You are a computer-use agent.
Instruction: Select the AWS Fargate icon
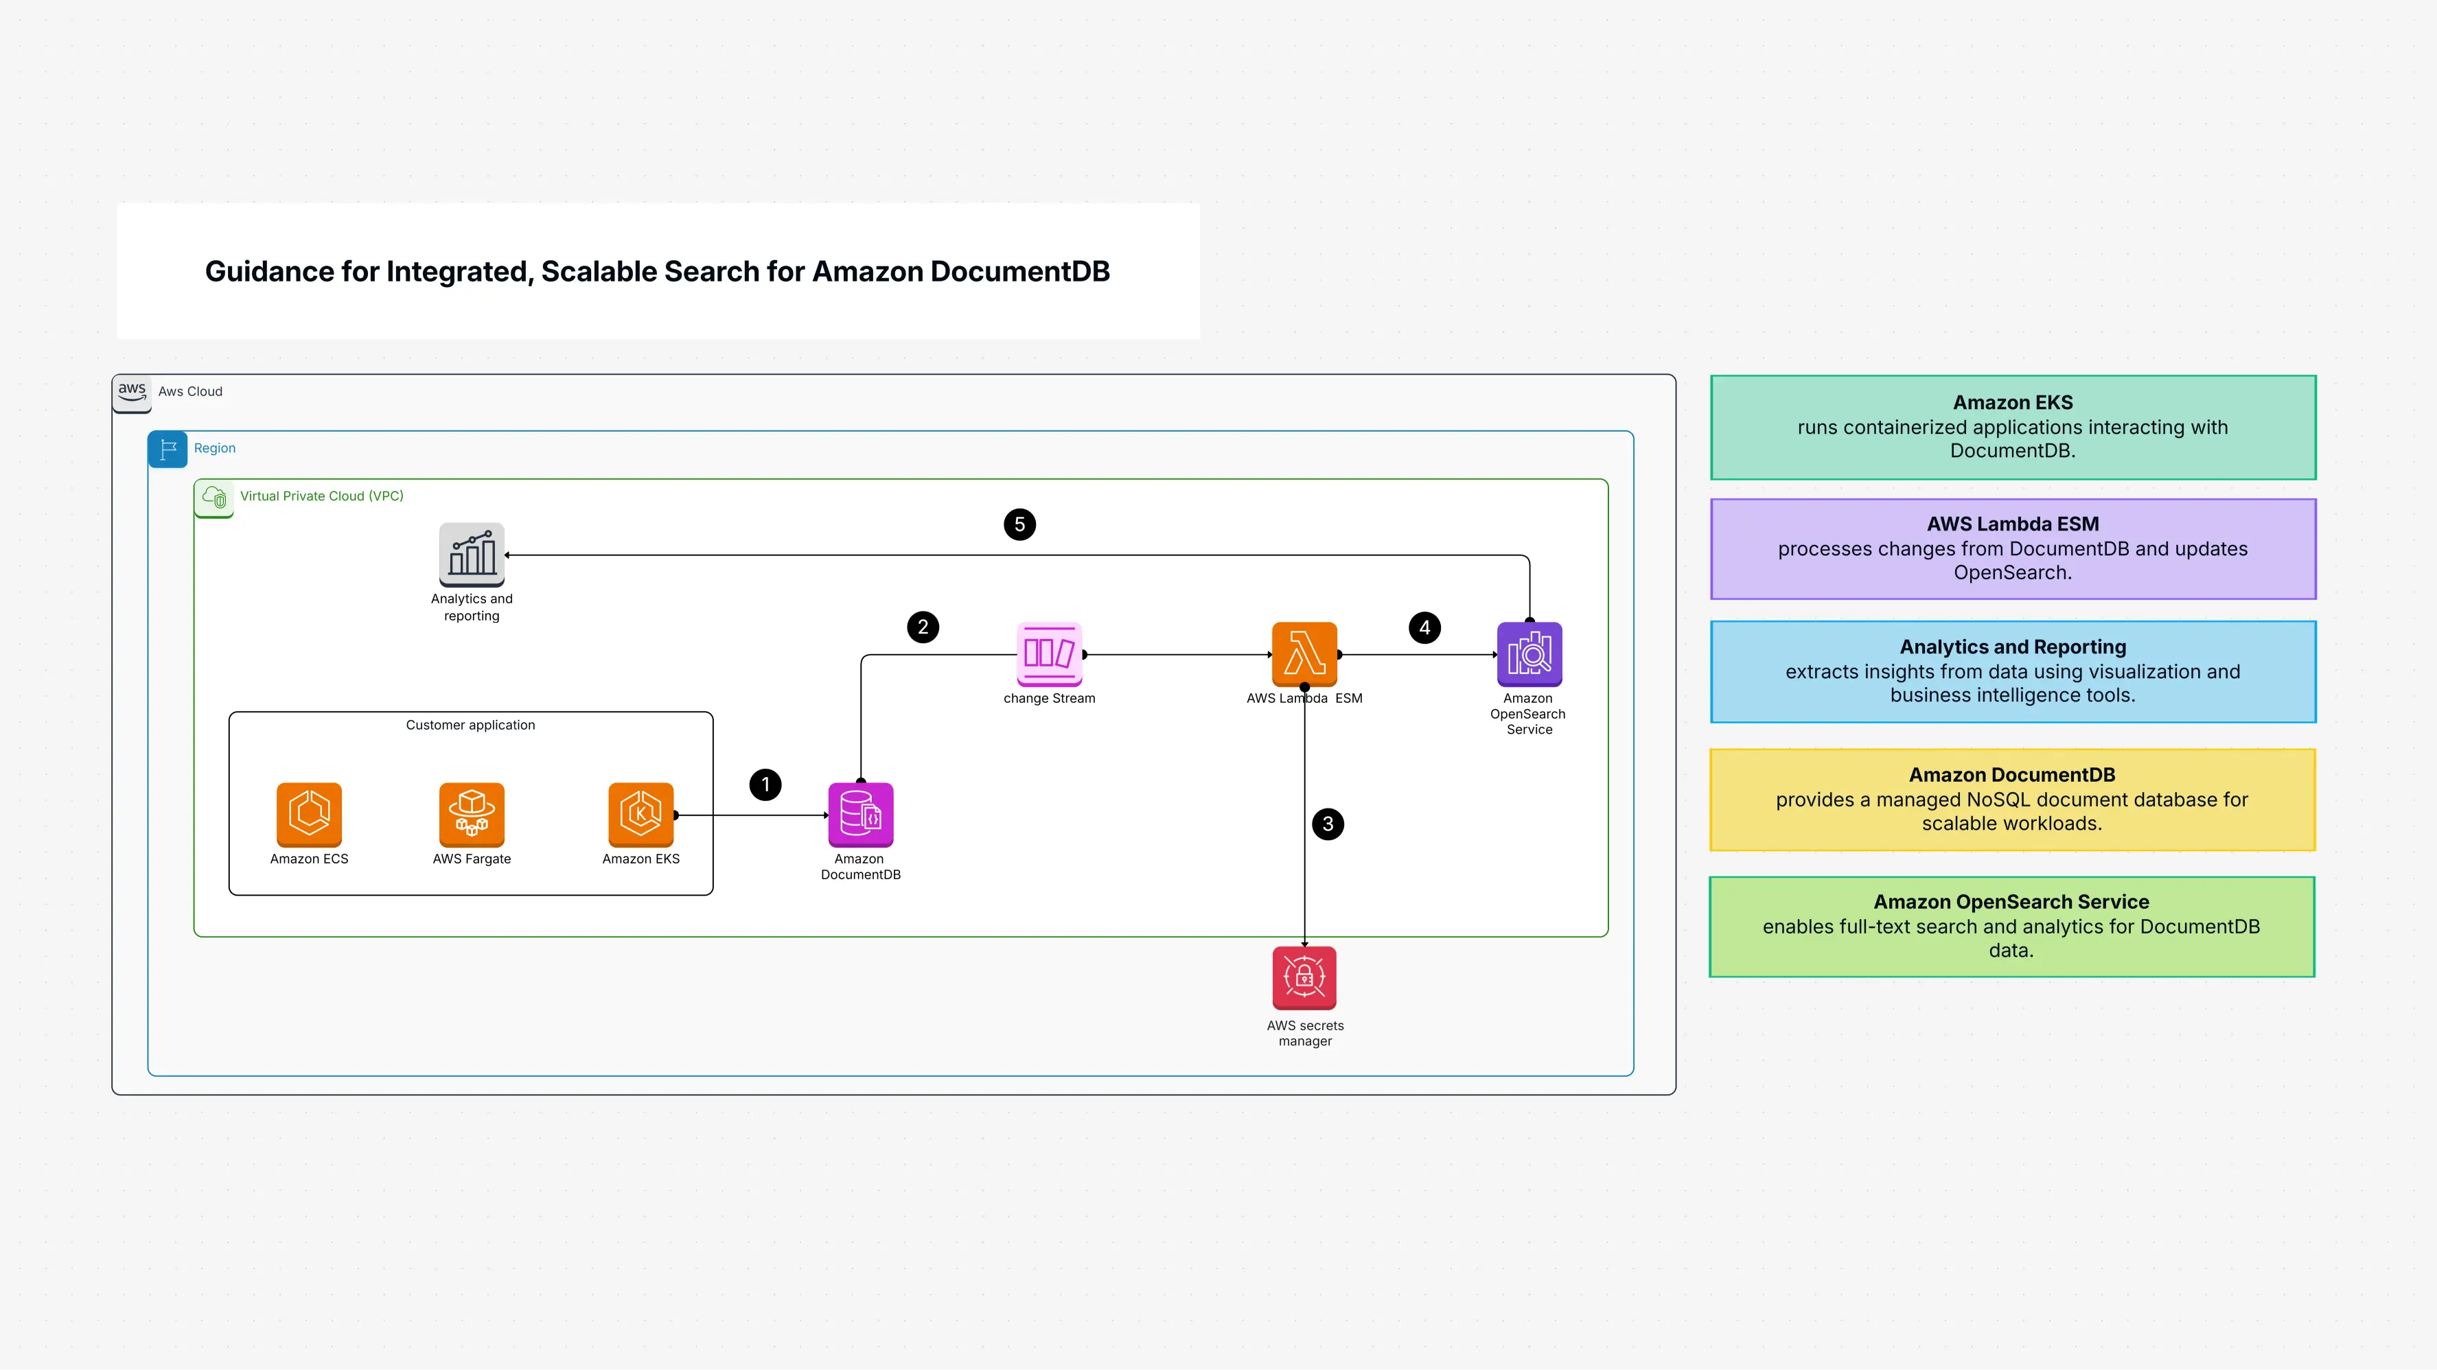coord(471,813)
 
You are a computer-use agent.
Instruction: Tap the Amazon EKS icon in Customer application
coord(640,813)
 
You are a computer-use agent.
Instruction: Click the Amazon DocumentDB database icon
coord(860,813)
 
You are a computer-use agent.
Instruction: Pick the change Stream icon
coord(1049,653)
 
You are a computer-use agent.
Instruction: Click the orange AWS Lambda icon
coord(1304,653)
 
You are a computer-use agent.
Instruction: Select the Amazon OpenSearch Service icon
coord(1529,653)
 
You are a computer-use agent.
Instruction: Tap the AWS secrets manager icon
coord(1304,977)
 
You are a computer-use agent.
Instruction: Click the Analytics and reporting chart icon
coord(471,553)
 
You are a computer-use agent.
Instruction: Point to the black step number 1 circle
coord(765,785)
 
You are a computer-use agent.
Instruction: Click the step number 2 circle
coord(923,627)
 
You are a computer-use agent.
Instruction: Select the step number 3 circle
coord(1327,824)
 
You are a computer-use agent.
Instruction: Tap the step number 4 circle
coord(1424,627)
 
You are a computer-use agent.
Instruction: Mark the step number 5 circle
coord(1019,524)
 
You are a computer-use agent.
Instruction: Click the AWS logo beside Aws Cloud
coord(132,393)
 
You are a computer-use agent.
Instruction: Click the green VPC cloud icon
coord(213,498)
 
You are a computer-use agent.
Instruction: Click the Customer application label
coord(470,725)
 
